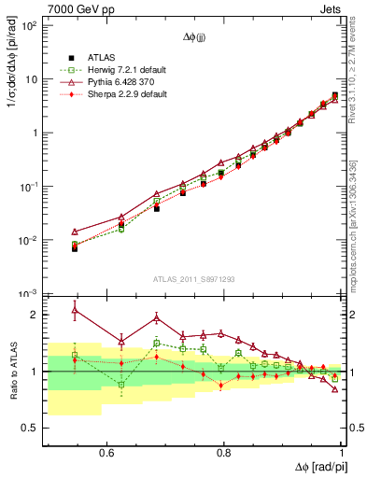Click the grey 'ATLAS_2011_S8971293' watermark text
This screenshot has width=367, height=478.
click(195, 278)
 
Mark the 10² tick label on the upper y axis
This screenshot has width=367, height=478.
click(28, 25)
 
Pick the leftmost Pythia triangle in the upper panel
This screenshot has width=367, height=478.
click(75, 232)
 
